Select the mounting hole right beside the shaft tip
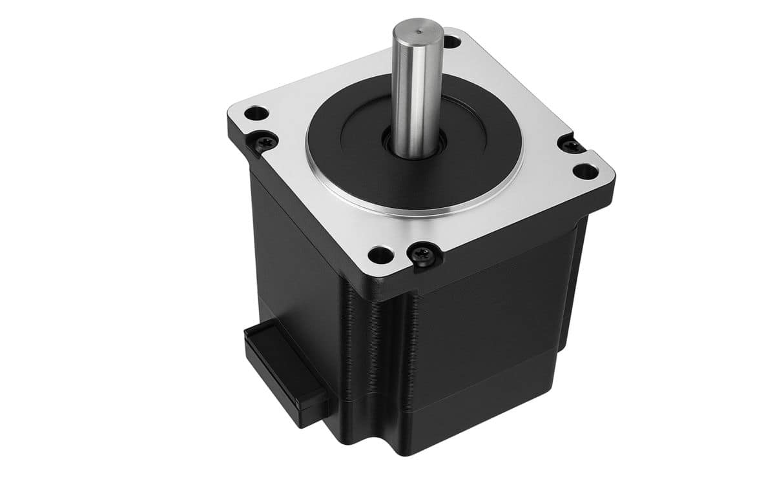[453, 42]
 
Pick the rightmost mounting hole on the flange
[585, 172]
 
